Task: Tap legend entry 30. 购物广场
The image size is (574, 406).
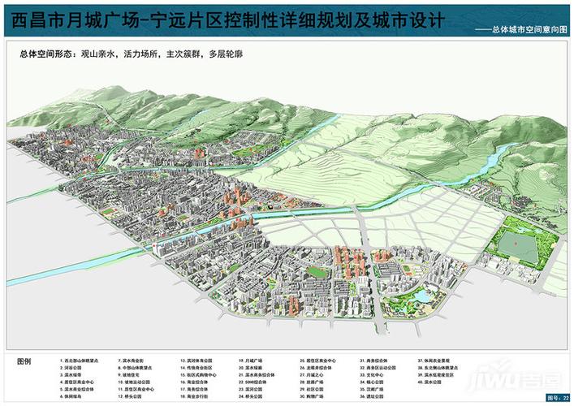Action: (x=314, y=398)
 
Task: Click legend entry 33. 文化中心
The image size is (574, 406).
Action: (x=373, y=374)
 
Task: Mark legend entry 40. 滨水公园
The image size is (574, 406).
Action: (x=434, y=383)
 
